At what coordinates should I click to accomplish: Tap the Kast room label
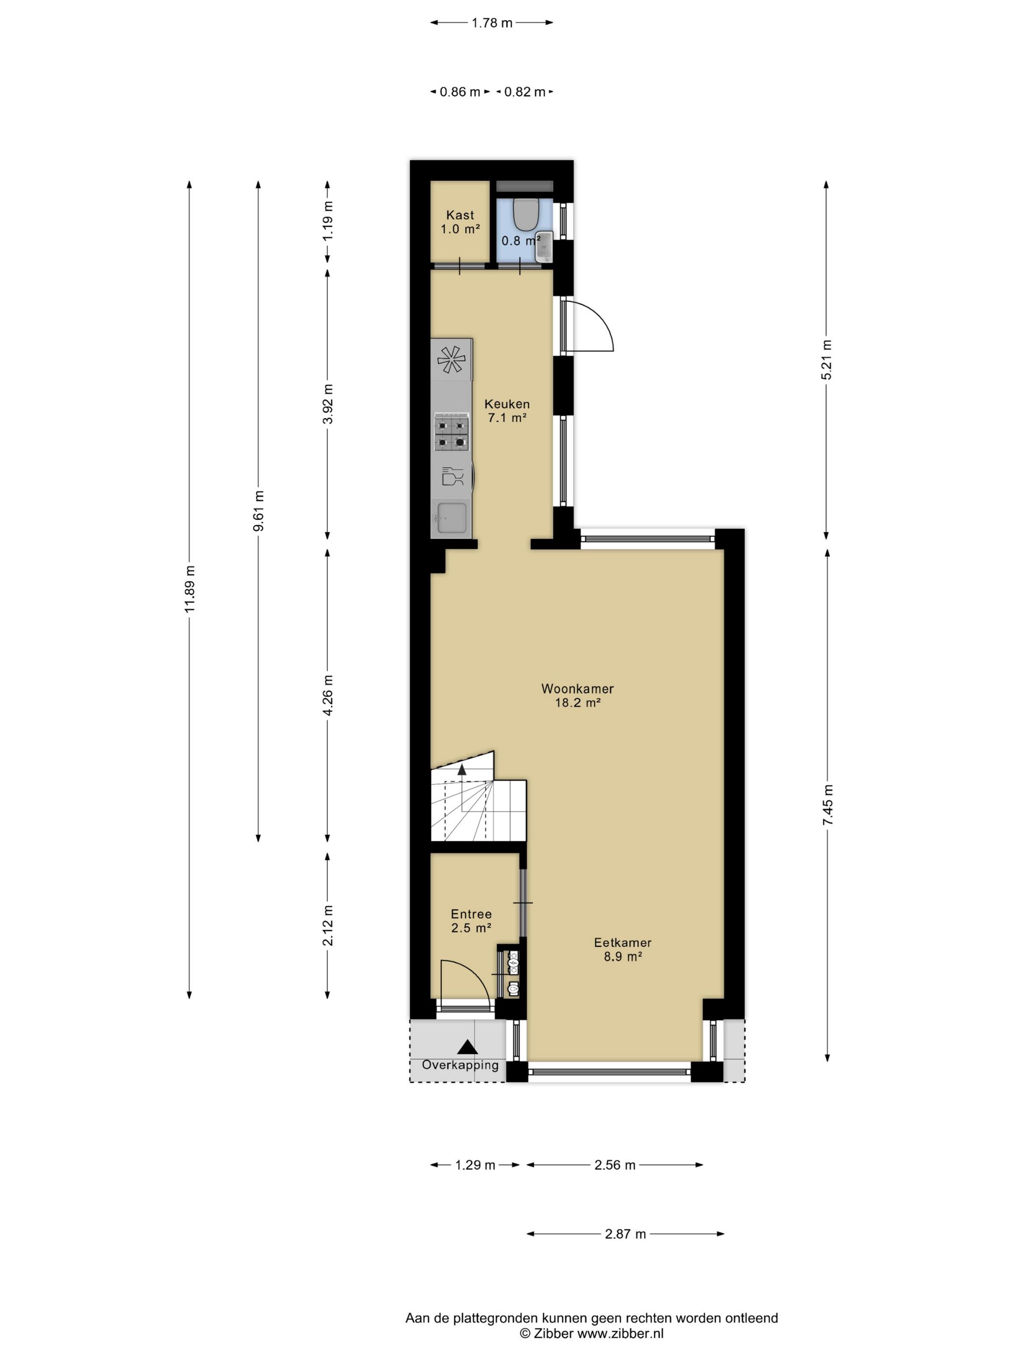[460, 222]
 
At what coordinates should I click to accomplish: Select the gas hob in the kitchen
[452, 432]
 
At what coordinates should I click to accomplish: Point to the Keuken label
[507, 411]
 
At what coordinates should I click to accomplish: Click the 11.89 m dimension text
[189, 588]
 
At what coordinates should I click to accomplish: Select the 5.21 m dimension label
[826, 359]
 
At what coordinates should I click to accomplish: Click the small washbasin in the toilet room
[544, 247]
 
